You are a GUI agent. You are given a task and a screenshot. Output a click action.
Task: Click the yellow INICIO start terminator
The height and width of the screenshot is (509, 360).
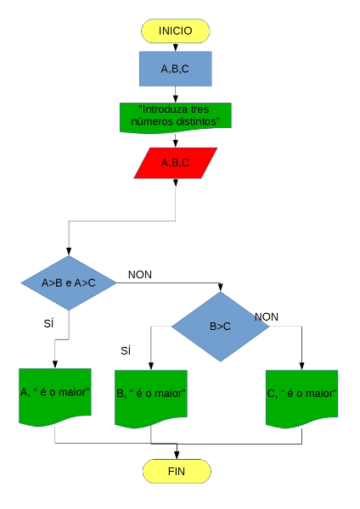(176, 31)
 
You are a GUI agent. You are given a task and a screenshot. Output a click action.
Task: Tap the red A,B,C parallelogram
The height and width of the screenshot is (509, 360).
(176, 162)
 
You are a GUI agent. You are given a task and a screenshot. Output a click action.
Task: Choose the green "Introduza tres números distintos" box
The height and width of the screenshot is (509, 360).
(176, 116)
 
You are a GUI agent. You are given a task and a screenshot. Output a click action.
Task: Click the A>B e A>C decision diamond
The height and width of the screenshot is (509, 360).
(69, 282)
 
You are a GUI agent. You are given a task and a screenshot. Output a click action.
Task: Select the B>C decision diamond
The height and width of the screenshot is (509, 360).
(221, 326)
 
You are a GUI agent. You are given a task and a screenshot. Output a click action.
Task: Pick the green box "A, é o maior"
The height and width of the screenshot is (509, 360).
(54, 394)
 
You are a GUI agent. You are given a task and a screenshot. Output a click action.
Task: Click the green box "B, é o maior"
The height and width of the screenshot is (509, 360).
(151, 395)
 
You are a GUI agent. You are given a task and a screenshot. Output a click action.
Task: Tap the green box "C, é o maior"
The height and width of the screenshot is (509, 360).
(301, 395)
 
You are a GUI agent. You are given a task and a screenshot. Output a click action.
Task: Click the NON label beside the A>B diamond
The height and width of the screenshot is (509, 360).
(140, 274)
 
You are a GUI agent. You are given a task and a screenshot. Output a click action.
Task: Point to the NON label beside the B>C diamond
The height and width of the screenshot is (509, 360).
(266, 316)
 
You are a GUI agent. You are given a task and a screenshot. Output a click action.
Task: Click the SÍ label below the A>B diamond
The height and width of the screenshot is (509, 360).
(48, 323)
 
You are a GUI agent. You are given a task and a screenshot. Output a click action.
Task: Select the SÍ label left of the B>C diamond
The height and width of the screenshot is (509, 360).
(126, 350)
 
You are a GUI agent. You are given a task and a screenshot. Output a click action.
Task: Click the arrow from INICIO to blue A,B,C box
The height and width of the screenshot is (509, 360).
(176, 47)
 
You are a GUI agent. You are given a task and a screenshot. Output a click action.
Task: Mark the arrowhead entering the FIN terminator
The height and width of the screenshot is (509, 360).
(176, 455)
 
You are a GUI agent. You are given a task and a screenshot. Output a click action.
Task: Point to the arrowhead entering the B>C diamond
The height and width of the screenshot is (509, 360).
(221, 288)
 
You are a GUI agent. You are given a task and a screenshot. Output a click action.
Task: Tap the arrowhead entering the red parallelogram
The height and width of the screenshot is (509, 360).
(176, 144)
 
